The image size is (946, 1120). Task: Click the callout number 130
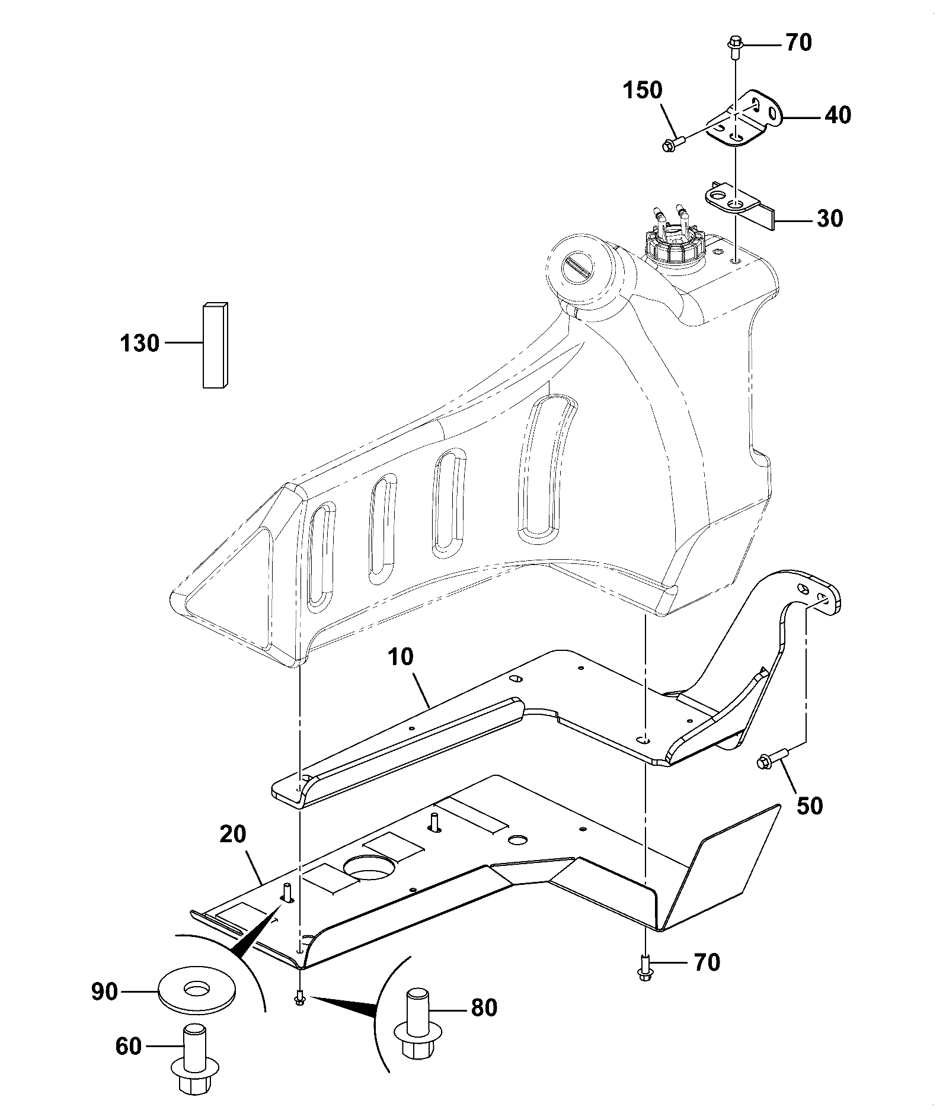pos(140,343)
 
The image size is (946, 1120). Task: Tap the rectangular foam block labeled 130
pos(216,345)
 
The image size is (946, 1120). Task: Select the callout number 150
pos(643,91)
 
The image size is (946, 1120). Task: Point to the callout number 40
pos(838,115)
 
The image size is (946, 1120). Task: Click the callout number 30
pos(830,219)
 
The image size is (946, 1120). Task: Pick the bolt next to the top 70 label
pos(734,47)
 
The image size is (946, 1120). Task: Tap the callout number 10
pos(401,657)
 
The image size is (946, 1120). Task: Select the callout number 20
pos(232,835)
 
